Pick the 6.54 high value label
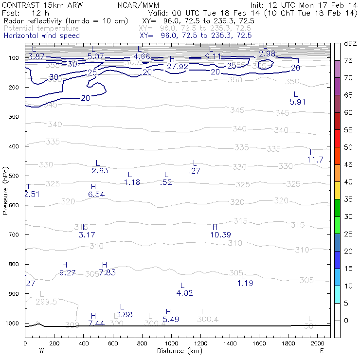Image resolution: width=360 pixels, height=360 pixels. tap(96, 194)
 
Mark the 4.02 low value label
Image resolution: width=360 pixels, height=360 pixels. tap(184, 293)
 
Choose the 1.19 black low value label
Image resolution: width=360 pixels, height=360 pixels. tap(245, 283)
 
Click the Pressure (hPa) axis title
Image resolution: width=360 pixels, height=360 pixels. tap(5, 190)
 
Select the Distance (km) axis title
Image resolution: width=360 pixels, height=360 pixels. tap(177, 350)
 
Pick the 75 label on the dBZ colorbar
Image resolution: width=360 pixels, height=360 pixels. tap(348, 61)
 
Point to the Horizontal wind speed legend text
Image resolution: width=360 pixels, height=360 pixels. tap(41, 36)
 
